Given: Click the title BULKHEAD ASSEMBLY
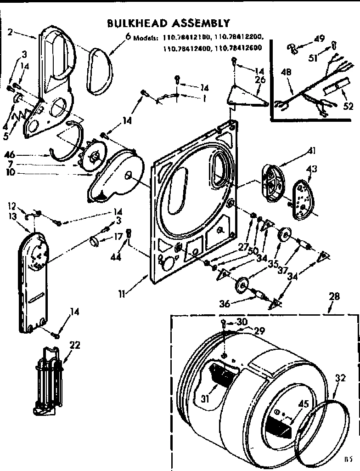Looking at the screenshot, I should (168, 23).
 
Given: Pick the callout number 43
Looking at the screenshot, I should (311, 170).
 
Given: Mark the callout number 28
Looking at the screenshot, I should (334, 297).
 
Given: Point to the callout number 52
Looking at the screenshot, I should (349, 107).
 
